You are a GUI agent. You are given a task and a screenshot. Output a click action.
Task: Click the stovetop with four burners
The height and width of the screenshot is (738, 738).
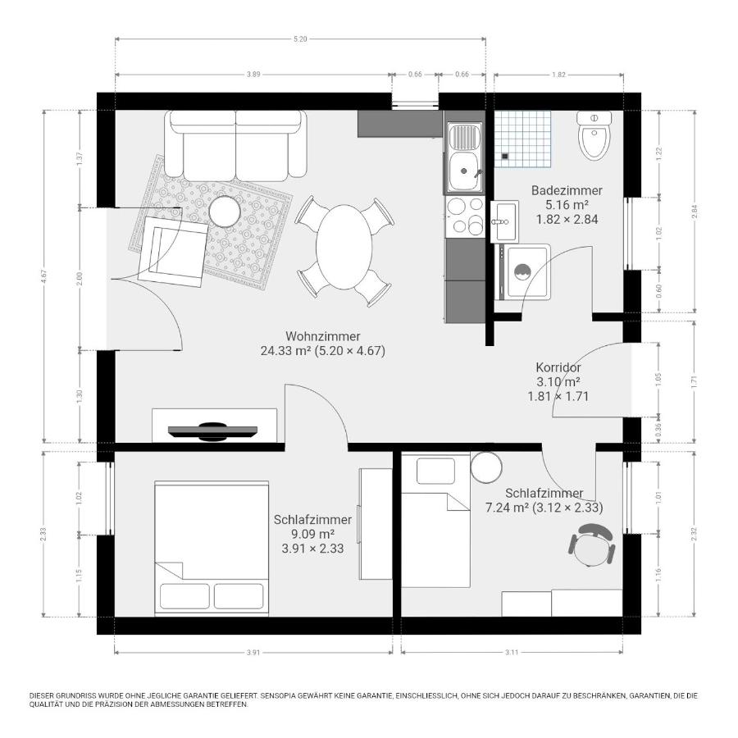pos(465,216)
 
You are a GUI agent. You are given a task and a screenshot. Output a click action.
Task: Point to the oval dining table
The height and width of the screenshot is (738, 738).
pos(342,246)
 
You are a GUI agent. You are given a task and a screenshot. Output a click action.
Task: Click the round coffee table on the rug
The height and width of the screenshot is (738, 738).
pos(223,211)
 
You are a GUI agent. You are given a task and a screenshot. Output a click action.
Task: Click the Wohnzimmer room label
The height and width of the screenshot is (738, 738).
pos(322,336)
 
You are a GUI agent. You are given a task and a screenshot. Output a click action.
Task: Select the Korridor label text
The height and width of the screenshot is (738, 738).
pos(558,367)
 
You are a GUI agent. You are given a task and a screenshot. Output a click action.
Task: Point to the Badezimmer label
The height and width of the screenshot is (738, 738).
pos(566,190)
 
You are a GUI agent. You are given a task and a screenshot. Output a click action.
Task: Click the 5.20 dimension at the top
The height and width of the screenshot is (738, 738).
pos(299,39)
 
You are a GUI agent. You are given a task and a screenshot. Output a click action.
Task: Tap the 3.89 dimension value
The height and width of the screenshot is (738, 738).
pos(253,75)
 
